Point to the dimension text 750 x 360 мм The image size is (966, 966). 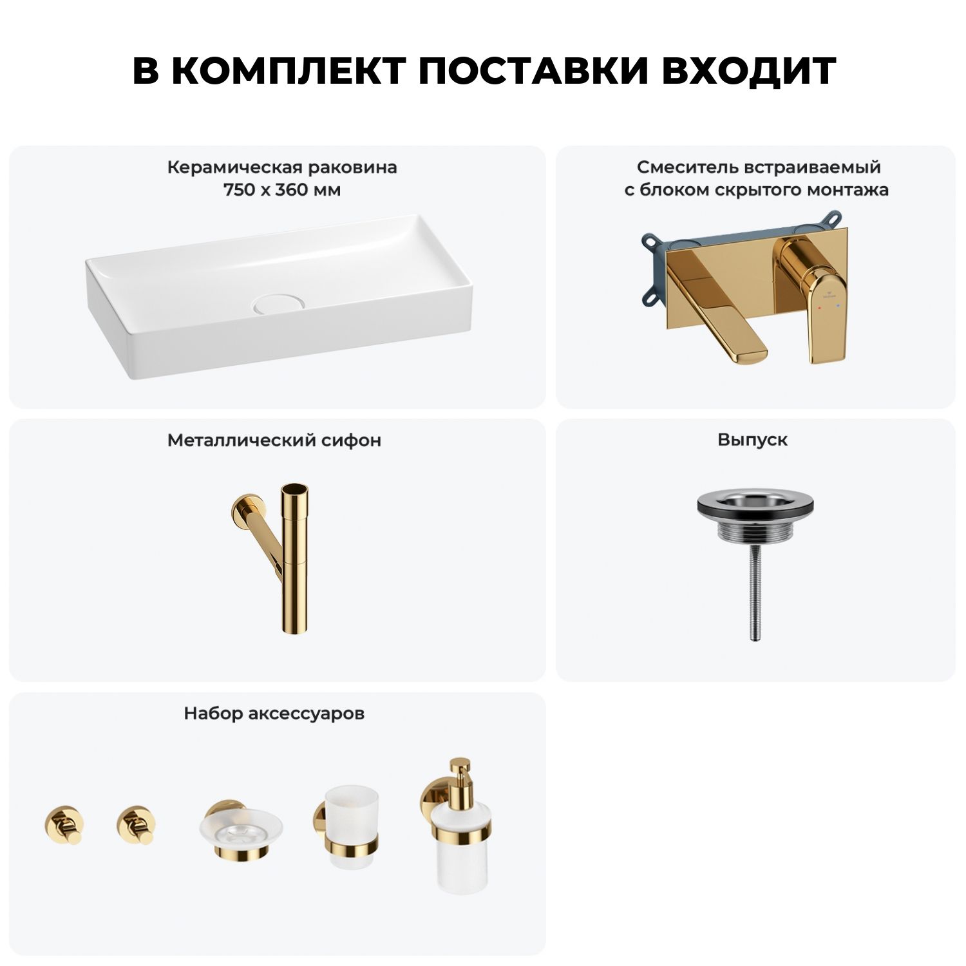[x=282, y=190]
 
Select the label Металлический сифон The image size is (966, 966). [x=274, y=440]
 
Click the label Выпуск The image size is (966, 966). [x=752, y=440]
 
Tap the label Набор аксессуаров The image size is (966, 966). [x=274, y=714]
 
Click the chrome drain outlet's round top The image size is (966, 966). [x=752, y=501]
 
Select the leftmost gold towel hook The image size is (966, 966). [x=64, y=824]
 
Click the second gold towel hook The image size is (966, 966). [x=137, y=824]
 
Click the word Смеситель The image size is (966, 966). [x=687, y=167]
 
